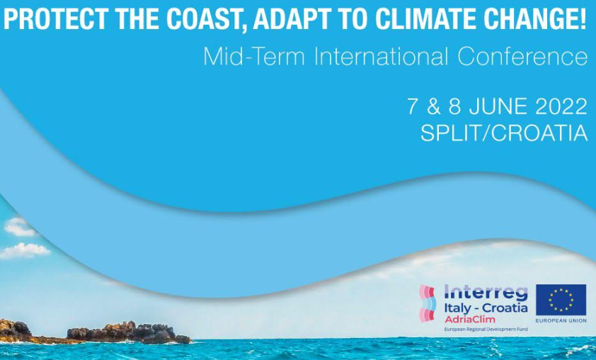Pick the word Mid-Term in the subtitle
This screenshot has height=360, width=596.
click(x=254, y=56)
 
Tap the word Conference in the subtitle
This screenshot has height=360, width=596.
click(x=522, y=56)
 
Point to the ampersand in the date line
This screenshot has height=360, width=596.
click(x=434, y=106)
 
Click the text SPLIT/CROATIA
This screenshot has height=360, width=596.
click(x=504, y=133)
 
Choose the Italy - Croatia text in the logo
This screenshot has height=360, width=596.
click(x=486, y=308)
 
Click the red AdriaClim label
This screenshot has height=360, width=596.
click(x=470, y=319)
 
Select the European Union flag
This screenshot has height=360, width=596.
click(x=561, y=300)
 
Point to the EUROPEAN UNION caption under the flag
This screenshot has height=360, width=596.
click(x=561, y=321)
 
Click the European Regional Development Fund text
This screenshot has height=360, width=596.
click(x=486, y=330)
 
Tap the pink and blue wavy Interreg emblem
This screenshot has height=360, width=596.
click(x=428, y=303)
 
